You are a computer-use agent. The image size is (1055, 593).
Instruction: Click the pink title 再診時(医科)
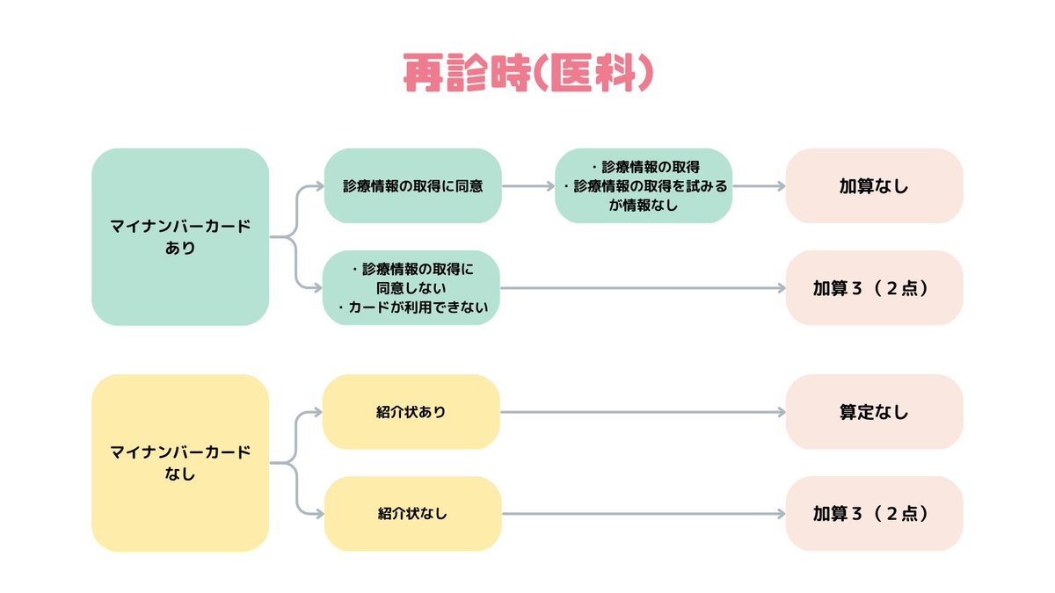528,74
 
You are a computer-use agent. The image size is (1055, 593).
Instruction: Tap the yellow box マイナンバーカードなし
180,463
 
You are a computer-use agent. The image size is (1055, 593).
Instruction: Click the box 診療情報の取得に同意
412,186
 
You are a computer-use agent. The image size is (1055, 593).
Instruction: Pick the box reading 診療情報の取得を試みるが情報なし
644,185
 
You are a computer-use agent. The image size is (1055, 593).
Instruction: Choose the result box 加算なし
873,186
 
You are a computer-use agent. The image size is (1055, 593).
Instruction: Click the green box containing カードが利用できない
412,287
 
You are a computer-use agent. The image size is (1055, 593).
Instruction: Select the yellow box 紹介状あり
412,412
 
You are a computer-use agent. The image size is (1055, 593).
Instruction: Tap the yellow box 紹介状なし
412,513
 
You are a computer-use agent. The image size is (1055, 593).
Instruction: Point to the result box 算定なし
873,412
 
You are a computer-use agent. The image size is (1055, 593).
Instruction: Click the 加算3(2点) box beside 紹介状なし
873,513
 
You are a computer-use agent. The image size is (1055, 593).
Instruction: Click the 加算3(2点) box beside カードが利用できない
873,287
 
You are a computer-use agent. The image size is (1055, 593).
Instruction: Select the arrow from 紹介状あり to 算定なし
642,412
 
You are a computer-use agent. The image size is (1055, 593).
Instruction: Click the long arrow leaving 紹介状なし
642,513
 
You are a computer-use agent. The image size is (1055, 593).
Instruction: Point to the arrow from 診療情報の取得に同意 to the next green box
527,186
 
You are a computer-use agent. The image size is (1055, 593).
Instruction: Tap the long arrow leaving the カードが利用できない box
642,287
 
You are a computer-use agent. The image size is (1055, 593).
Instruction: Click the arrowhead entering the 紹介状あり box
317,412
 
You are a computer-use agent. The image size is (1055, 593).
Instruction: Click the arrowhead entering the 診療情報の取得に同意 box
317,186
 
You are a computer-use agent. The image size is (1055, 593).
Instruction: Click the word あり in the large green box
180,248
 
